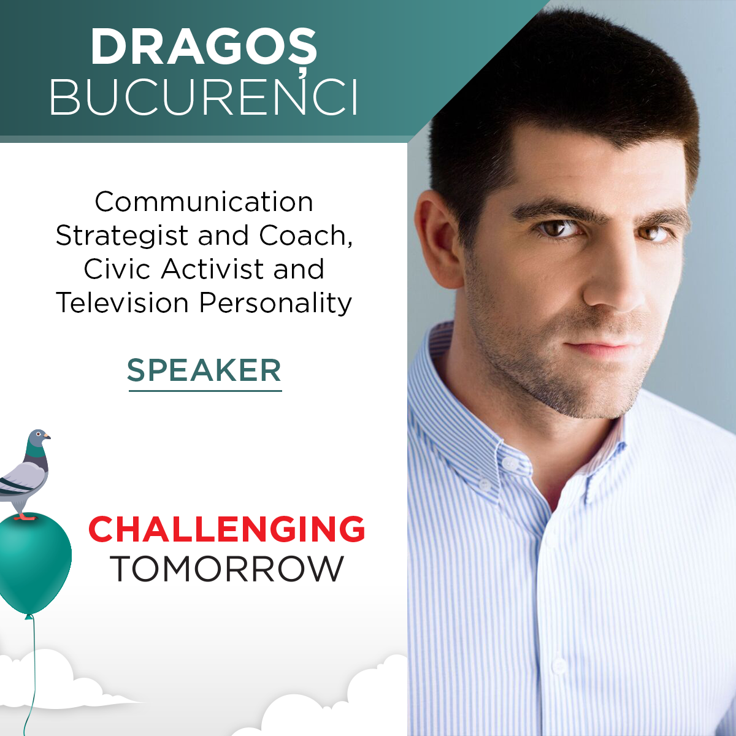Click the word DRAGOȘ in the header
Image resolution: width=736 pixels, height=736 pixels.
(204, 48)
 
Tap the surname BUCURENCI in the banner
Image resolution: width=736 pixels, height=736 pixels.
(204, 98)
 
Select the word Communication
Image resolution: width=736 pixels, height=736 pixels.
(204, 202)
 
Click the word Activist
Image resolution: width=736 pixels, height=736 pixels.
(213, 269)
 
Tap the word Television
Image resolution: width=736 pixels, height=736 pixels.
(122, 302)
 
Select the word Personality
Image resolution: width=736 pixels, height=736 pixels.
(275, 303)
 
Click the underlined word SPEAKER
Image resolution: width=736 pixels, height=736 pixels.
(204, 370)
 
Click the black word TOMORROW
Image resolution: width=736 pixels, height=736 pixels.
(227, 569)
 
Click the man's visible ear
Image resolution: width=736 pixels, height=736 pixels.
(439, 239)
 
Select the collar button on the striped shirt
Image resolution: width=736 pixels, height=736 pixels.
(509, 463)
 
